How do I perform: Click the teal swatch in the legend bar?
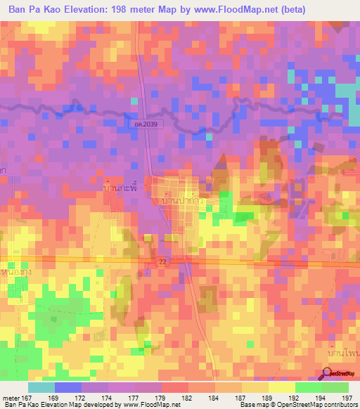pos(41,387)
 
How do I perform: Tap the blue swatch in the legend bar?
pos(68,387)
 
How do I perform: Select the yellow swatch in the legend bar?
pos(281,387)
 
